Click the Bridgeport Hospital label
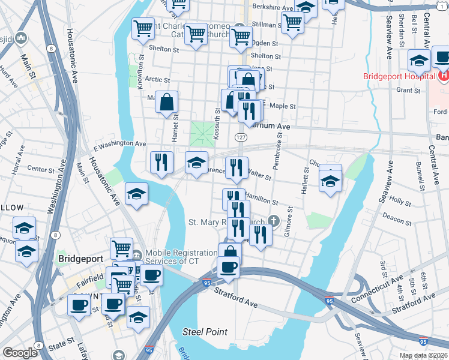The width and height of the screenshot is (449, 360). pos(399,76)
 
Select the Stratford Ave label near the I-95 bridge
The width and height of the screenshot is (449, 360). pos(236,298)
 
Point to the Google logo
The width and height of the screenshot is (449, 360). pos(20,353)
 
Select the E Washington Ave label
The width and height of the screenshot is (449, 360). pos(120,145)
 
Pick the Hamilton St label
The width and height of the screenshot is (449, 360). pos(262,200)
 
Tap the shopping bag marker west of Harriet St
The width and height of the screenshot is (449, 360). pos(167,103)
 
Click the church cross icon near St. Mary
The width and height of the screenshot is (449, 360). pos(274,220)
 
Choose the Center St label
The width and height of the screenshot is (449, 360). pos(41,169)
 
